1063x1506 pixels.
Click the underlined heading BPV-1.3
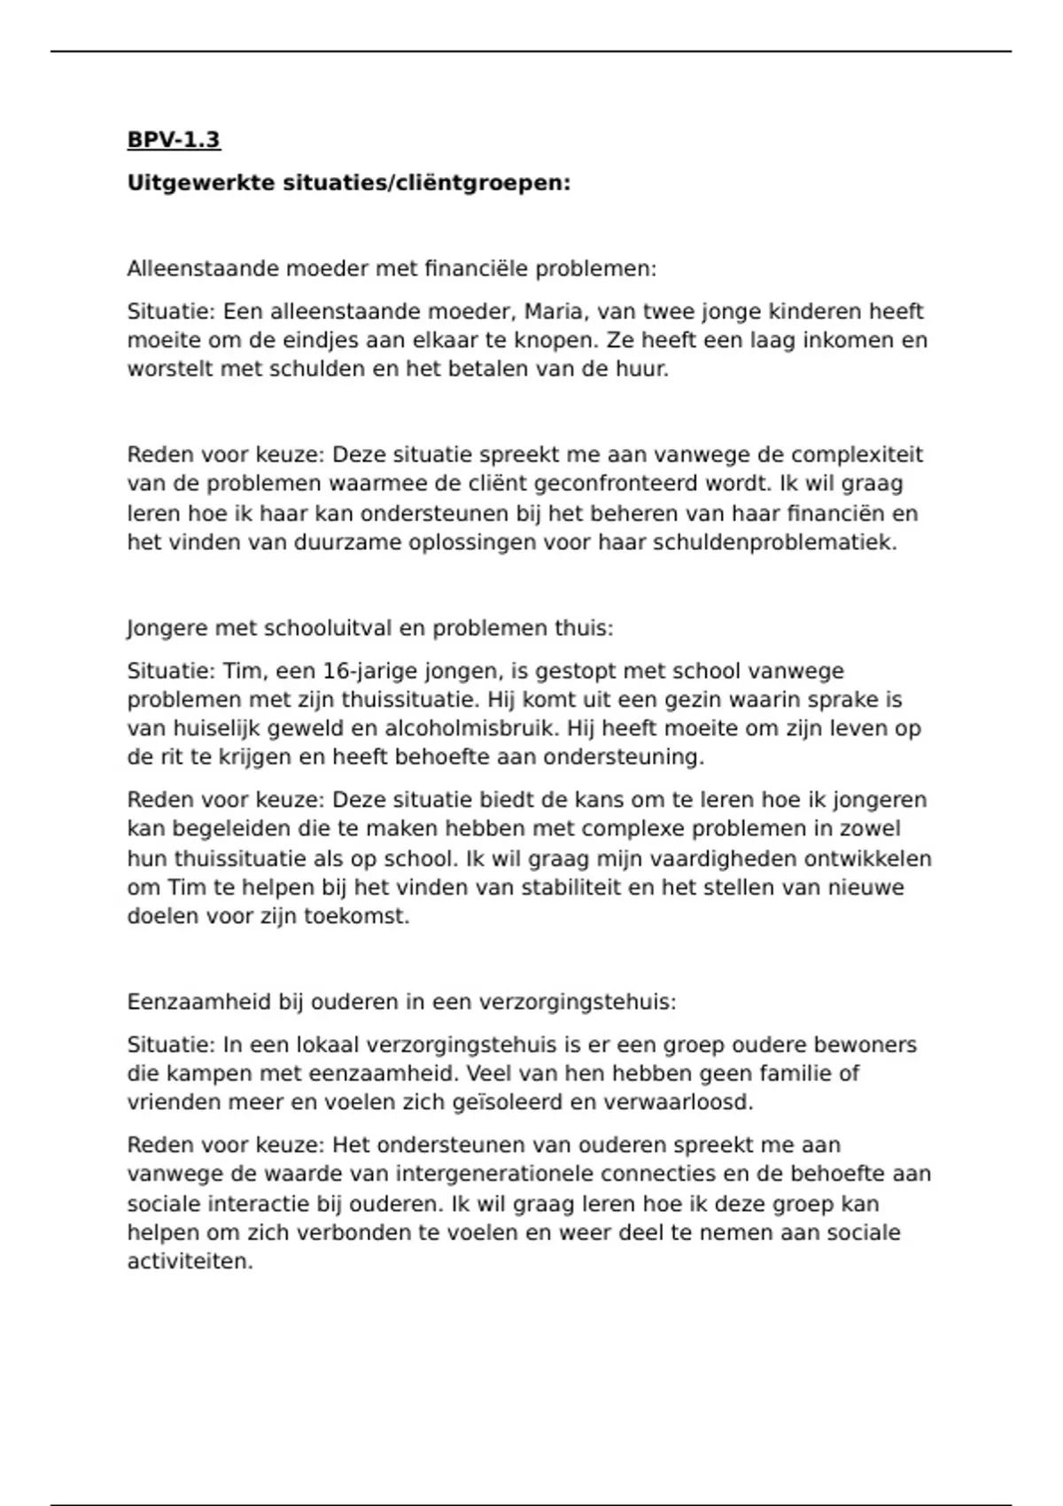[174, 140]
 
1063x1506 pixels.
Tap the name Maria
[554, 312]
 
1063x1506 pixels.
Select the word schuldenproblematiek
[774, 542]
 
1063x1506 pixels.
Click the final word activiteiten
[190, 1261]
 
